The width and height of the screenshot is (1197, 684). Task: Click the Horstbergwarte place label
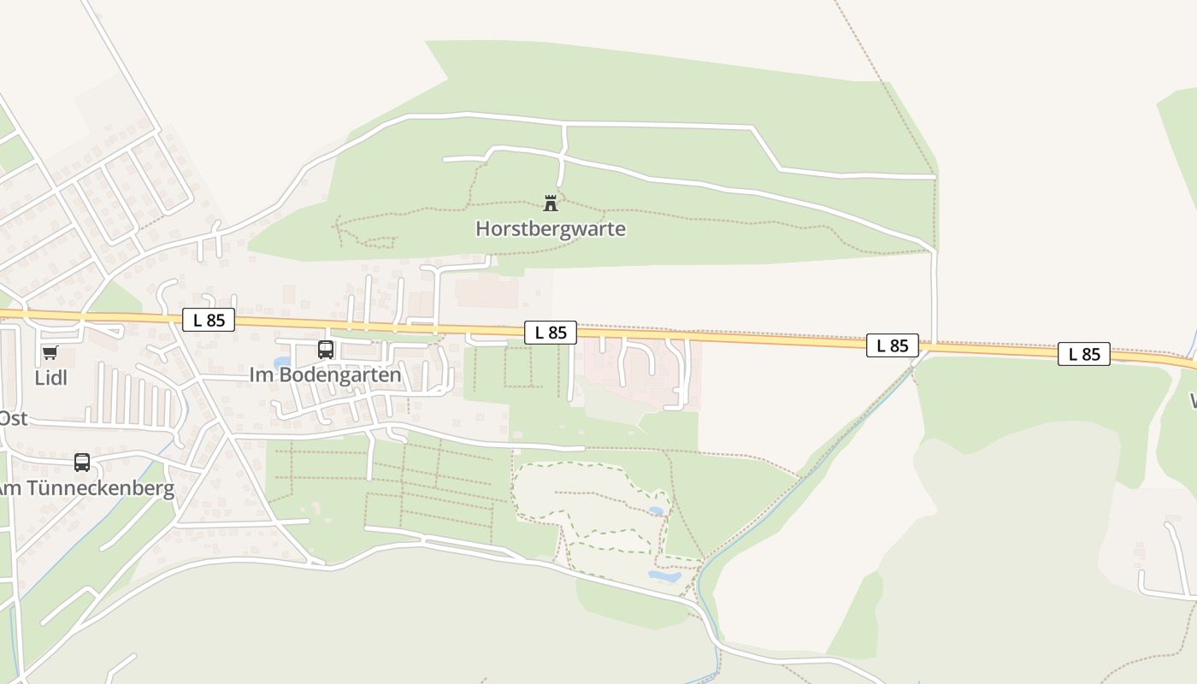pos(550,229)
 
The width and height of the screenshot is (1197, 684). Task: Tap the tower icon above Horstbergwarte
pos(551,203)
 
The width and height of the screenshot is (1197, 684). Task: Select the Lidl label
pos(50,377)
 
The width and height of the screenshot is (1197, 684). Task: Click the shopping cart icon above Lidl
pos(50,352)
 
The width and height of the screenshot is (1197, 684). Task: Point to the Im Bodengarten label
pos(325,375)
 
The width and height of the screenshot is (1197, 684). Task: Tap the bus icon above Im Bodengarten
pos(326,349)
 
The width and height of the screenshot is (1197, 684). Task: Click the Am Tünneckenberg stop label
pos(85,488)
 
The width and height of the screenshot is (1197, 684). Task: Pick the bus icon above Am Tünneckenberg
pos(82,463)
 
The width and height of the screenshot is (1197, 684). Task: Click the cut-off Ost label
pos(13,418)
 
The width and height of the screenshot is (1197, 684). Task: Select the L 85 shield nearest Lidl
pos(209,321)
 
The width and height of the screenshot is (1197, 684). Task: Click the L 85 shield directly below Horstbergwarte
pos(551,333)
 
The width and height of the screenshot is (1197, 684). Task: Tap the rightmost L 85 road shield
pos(1084,354)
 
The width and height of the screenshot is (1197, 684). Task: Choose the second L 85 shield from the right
pos(893,345)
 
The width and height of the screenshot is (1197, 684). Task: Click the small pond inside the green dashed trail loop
pos(656,510)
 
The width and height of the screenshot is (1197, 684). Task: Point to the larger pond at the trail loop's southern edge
pos(664,575)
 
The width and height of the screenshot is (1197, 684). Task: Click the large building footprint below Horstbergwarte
pos(486,292)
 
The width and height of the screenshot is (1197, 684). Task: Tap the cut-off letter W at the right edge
pos(1192,400)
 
